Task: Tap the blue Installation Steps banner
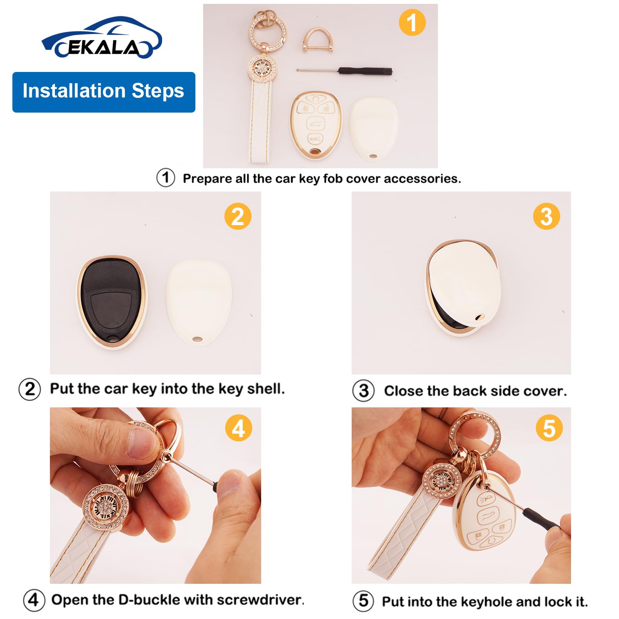coord(104,92)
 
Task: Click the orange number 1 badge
coord(412,22)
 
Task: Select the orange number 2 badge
coord(238,216)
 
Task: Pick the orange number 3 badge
coord(546,216)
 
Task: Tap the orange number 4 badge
coord(239,428)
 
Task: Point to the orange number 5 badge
coord(549,428)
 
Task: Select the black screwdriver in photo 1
coord(344,71)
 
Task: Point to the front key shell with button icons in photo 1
coord(316,125)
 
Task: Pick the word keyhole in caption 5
coord(487,602)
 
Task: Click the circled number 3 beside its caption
coord(363,390)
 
